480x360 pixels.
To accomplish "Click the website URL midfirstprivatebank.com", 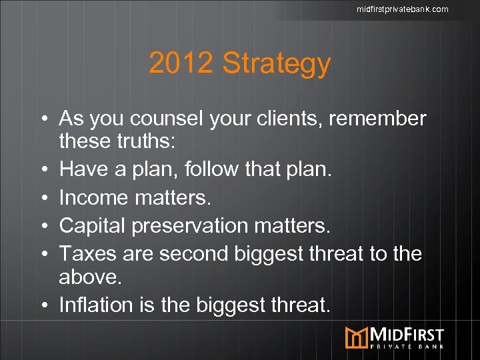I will [x=402, y=9].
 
